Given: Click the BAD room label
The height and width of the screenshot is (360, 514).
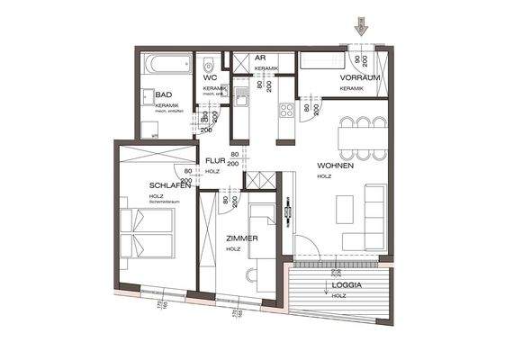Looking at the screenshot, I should coord(163,94).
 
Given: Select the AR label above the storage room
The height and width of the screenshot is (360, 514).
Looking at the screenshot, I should coord(258,58).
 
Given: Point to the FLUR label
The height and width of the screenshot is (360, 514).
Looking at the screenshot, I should coord(214,161).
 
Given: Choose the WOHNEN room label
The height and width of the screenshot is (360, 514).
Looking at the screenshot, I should coord(334,166).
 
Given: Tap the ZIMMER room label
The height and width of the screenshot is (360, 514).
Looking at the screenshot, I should coord(242,238).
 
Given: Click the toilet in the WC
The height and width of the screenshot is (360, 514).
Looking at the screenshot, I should coord(209,66).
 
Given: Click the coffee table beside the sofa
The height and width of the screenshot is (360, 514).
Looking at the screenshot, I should coord(346,209).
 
